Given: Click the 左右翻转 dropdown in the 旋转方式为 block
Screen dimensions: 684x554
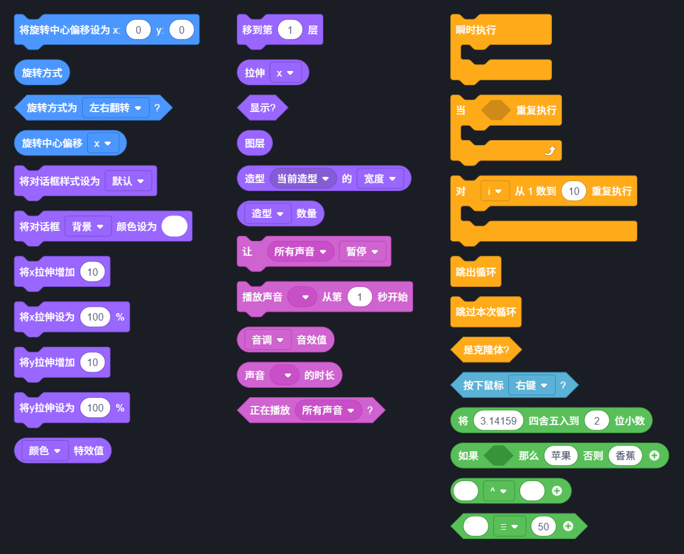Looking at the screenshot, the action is (x=115, y=108).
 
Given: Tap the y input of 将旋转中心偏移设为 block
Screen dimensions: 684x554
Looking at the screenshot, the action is (x=181, y=30).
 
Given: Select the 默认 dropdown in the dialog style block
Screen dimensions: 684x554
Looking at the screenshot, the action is (x=128, y=181).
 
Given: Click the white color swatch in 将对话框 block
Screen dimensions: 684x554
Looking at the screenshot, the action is (x=174, y=226).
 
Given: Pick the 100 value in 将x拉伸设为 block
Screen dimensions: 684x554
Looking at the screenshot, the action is (x=95, y=317).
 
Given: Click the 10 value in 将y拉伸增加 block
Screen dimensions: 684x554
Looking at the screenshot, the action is (x=92, y=362).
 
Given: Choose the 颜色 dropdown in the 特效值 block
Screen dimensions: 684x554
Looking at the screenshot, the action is (x=44, y=450).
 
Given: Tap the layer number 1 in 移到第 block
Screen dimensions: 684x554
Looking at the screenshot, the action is (x=290, y=30).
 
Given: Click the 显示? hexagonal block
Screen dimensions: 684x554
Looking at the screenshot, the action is (x=263, y=108).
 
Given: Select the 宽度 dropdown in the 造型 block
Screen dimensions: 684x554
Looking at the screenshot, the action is (x=380, y=178).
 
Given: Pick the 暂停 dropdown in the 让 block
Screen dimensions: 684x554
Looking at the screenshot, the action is (x=362, y=251).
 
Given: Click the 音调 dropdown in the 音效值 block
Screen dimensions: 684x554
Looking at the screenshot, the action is (x=267, y=339).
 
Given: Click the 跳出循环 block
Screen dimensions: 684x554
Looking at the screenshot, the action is (x=475, y=272).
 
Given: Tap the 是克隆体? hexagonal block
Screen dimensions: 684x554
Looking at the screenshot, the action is (x=486, y=350).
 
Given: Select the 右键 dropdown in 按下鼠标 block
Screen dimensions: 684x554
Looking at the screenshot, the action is (x=532, y=385).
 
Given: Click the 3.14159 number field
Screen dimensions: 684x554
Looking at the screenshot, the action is (x=498, y=421).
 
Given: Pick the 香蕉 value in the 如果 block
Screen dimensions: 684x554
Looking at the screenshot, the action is (x=625, y=456).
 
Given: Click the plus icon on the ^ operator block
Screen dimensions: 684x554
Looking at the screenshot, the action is (x=557, y=491).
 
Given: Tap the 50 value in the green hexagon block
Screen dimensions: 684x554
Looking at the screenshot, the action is (x=543, y=526).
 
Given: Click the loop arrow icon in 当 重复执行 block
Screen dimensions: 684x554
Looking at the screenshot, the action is (x=549, y=151).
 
